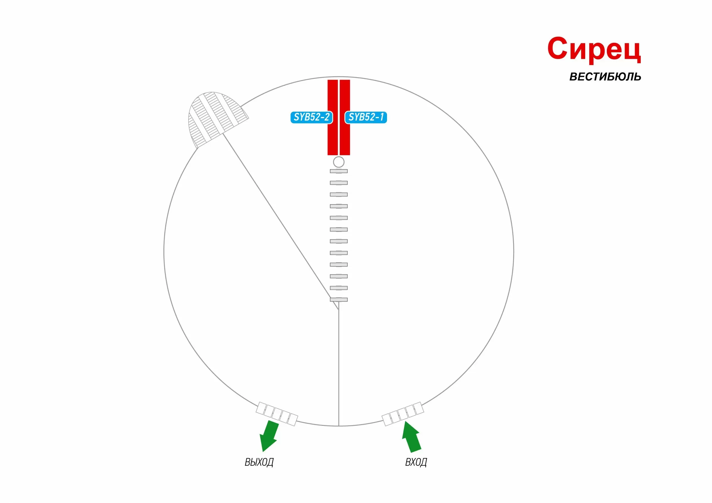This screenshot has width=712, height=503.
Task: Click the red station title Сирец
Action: pos(594,49)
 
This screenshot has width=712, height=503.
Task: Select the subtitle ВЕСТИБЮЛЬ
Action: pos(605,77)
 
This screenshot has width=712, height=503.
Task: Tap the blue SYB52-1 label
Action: pos(366,117)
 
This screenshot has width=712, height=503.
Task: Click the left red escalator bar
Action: pos(333,117)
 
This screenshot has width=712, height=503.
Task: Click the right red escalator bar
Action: pos(345,117)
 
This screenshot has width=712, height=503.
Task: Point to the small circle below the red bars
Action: pos(339,162)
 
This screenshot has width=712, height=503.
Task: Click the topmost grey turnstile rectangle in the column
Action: pos(339,171)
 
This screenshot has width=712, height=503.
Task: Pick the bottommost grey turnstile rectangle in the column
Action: pos(339,299)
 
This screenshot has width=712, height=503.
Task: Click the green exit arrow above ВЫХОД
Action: pos(269,436)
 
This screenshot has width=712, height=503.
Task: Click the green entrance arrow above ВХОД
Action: pos(411,437)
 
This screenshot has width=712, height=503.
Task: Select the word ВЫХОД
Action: pos(259,462)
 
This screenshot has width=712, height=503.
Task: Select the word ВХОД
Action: pos(416,462)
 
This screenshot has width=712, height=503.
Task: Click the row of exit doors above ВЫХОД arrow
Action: pos(277,414)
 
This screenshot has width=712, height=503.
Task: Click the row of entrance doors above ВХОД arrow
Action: pos(403,414)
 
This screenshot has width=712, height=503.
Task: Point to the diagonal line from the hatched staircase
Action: pos(281,221)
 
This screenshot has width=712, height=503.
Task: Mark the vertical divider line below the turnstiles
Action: pos(339,364)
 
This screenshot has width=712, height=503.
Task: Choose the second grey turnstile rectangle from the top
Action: pos(339,183)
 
